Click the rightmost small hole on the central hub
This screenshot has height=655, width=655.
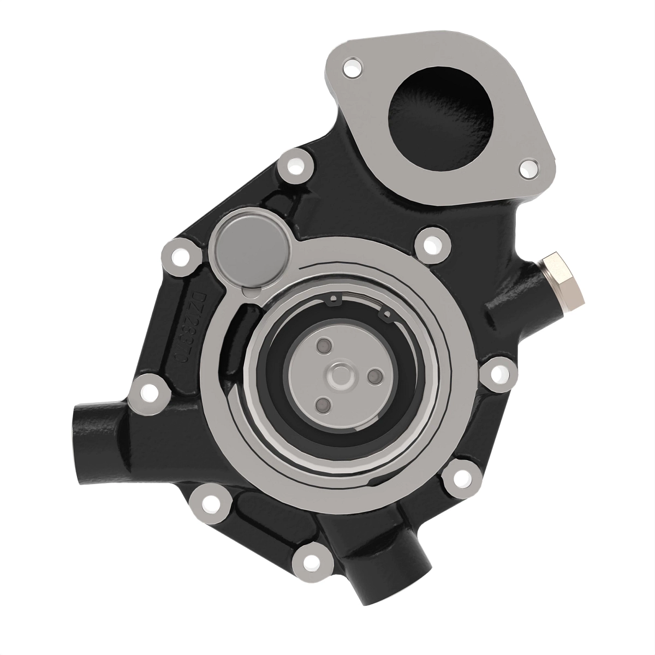click(375, 376)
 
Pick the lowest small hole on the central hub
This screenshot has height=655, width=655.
click(323, 404)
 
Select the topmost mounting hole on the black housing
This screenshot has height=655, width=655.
click(295, 164)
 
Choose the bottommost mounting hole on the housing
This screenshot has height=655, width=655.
click(311, 561)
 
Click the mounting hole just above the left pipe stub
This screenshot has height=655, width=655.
click(148, 391)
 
